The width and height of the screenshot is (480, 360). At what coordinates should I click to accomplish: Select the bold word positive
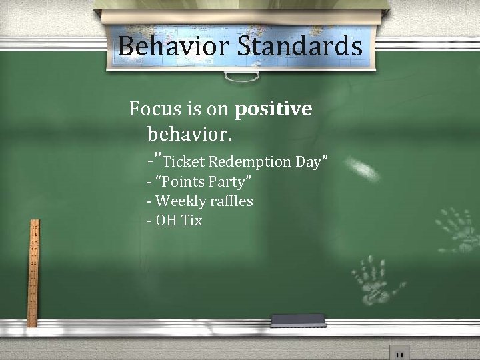pyautogui.click(x=273, y=108)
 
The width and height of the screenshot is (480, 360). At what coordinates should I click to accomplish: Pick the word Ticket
pyautogui.click(x=184, y=161)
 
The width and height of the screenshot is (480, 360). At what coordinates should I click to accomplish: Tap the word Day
pyautogui.click(x=311, y=161)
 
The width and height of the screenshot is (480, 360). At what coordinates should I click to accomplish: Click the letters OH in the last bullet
pyautogui.click(x=165, y=220)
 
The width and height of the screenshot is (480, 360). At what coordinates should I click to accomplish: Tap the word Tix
pyautogui.click(x=191, y=220)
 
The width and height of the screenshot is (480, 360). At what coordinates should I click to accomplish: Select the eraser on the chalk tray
pyautogui.click(x=298, y=321)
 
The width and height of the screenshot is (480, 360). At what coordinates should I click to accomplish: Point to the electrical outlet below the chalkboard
pyautogui.click(x=399, y=352)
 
